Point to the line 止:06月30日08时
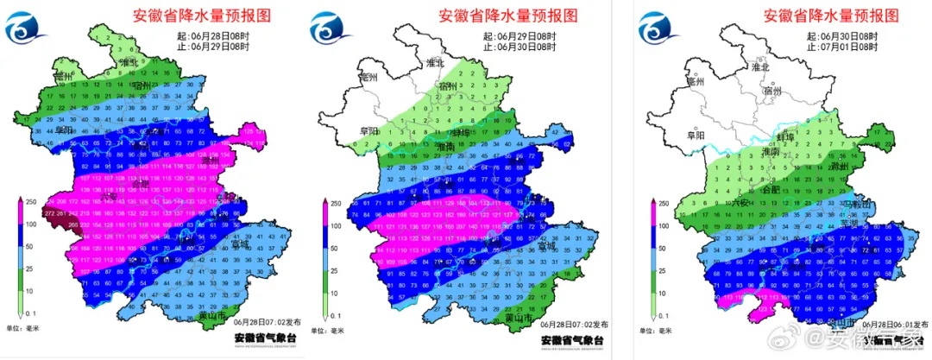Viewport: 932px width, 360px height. click(x=518, y=47)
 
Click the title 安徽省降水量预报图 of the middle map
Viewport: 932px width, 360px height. click(x=506, y=15)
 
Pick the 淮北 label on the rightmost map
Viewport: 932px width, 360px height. click(x=759, y=66)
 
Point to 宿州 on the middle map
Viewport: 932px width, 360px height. click(x=447, y=86)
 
